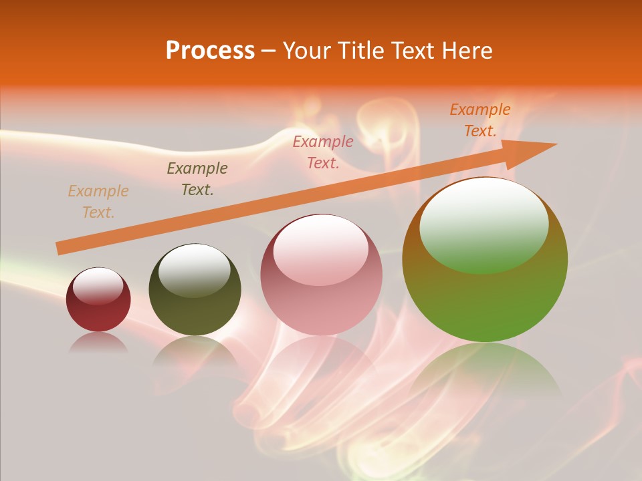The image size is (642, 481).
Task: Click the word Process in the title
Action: [x=210, y=51]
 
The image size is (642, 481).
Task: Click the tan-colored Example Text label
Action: [x=98, y=202]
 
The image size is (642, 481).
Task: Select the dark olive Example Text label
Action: [x=197, y=179]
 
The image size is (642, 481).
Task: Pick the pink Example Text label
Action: [x=323, y=152]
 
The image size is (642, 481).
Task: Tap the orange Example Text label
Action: [x=479, y=120]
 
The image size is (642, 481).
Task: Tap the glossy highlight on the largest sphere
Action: [x=484, y=224]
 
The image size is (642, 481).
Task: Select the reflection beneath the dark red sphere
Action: [x=98, y=343]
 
